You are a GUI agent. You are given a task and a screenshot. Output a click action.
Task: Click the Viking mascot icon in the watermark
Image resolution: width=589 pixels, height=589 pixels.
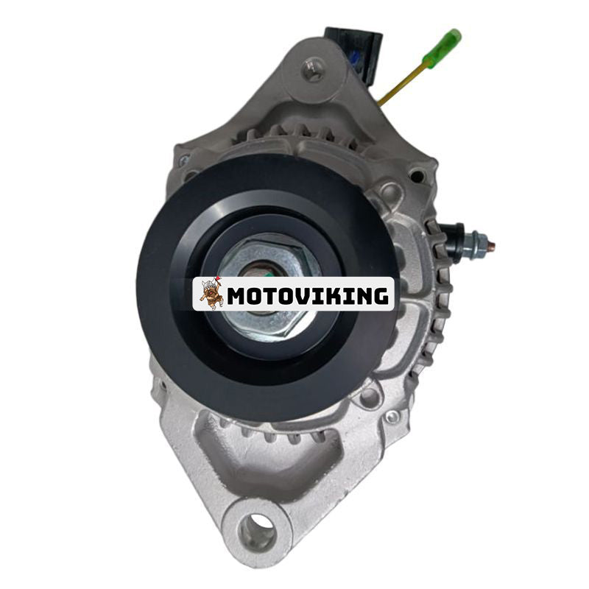pos(212,293)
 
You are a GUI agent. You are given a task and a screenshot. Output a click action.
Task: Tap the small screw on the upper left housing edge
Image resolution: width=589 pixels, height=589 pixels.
pos(184,159)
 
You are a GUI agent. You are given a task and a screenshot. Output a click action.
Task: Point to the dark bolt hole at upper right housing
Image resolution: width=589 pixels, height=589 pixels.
pos(417,176)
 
